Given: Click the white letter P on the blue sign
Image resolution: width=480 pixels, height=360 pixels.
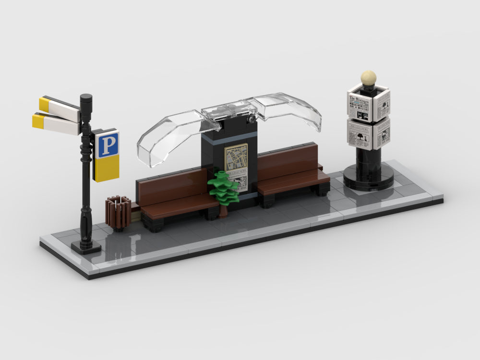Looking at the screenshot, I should tap(107, 145).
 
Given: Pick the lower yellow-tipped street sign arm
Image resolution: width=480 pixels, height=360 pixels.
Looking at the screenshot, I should tap(56, 123).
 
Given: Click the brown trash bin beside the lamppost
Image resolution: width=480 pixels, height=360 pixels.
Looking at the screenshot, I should tap(118, 212).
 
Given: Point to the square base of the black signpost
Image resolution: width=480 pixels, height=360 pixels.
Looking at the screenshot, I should tap(86, 247).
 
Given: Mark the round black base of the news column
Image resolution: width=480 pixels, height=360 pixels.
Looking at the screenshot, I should tap(368, 180).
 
